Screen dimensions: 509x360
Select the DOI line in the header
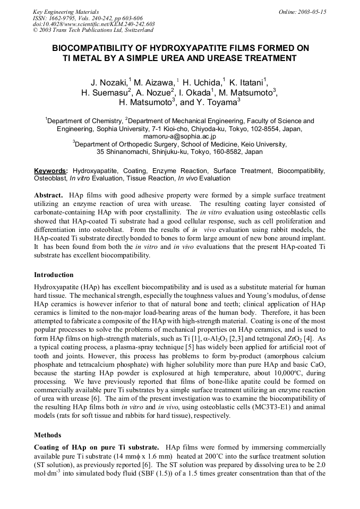click(94, 24)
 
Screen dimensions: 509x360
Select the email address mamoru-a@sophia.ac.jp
click(179, 136)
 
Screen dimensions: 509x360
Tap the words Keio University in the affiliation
click(260, 144)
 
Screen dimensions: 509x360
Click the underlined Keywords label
click(50, 171)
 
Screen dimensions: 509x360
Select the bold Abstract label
click(49, 195)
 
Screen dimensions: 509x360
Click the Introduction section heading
click(54, 275)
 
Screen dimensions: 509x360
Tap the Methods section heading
click(47, 435)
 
